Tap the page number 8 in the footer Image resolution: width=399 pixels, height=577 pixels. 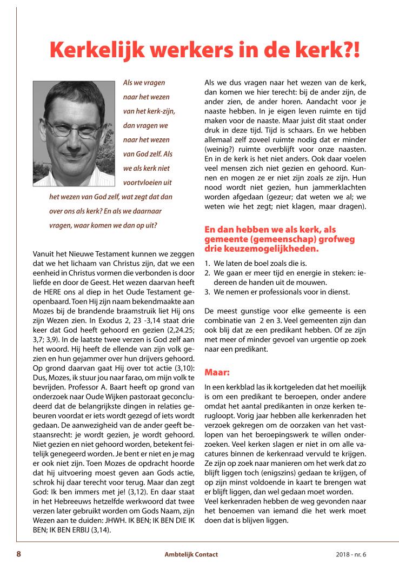[x=19, y=554]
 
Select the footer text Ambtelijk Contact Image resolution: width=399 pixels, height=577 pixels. [x=191, y=554]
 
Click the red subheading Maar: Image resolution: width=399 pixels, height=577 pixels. [x=216, y=372]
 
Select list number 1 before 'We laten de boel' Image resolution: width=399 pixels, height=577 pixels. [x=207, y=264]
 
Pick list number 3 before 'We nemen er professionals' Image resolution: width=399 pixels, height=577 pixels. [x=207, y=292]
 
